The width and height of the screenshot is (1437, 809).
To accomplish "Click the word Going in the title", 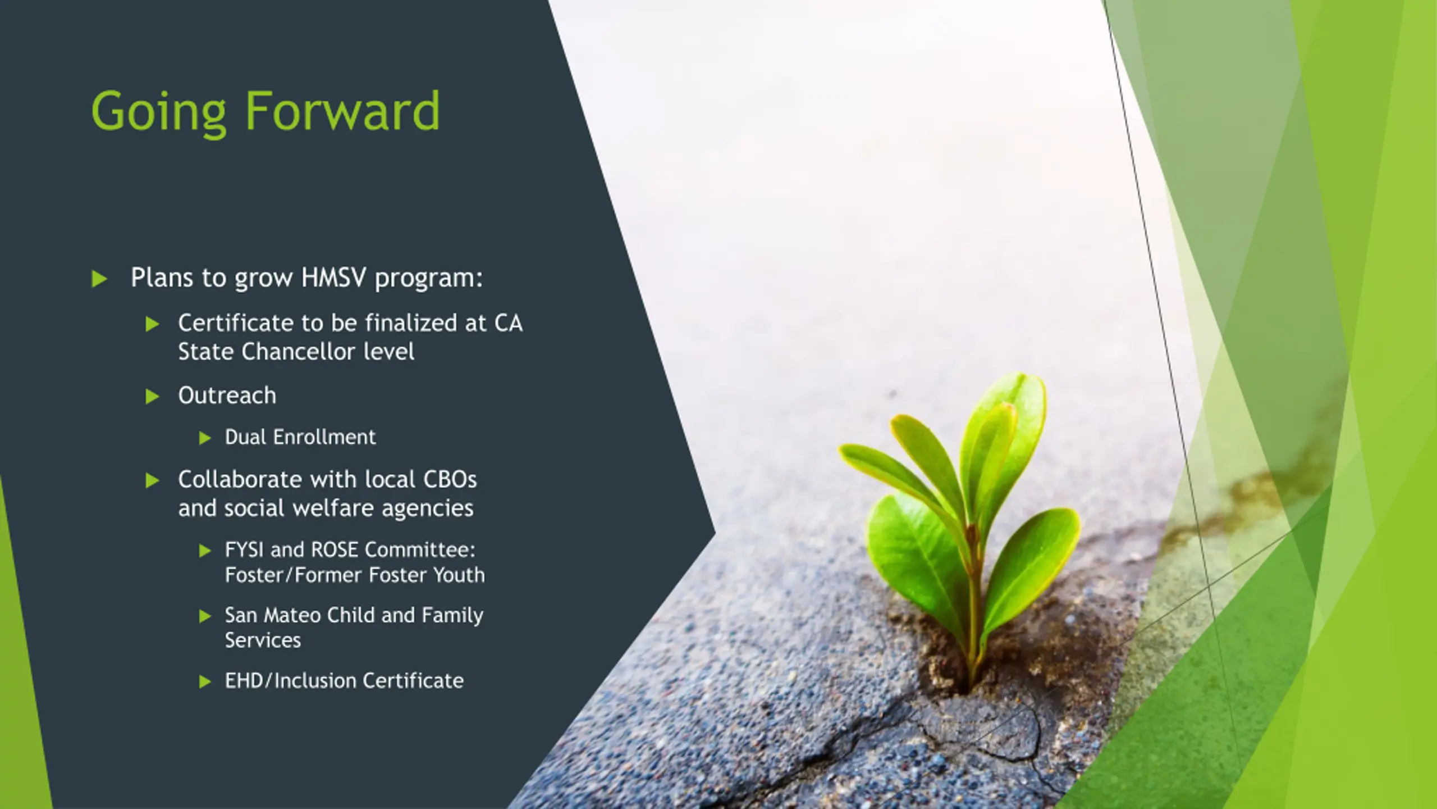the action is click(x=158, y=113).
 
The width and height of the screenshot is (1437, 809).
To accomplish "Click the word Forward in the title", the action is click(x=342, y=110).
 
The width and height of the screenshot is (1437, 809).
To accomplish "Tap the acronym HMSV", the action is click(x=333, y=277).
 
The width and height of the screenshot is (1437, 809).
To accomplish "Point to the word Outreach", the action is click(x=227, y=396).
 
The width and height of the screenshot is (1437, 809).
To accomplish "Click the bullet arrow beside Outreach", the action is click(x=152, y=397).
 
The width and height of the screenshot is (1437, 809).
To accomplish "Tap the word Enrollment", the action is click(x=324, y=437).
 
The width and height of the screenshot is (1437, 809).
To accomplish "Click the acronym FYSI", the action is click(x=244, y=549).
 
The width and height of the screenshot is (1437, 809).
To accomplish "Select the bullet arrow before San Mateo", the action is click(x=205, y=616).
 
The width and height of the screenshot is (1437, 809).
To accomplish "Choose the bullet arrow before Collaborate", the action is click(x=152, y=480).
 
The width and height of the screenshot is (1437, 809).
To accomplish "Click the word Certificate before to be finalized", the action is click(x=236, y=323).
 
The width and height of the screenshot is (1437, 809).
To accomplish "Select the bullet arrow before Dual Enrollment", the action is click(x=205, y=438).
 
